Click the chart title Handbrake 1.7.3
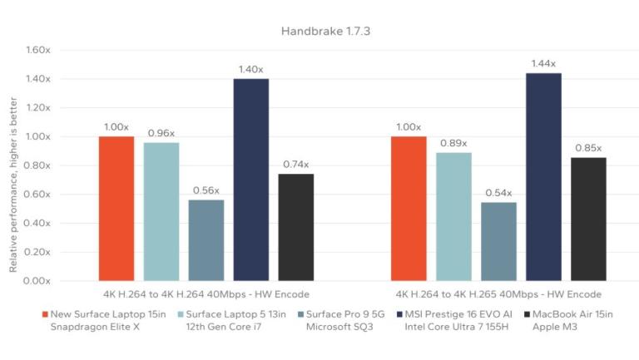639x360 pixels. pos(319,31)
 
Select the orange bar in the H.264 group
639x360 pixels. pos(116,208)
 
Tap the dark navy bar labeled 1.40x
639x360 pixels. pos(250,180)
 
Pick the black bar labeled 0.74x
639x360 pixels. pos(295,227)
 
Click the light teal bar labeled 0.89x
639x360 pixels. pos(453,216)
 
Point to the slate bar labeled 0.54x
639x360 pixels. pos(498,241)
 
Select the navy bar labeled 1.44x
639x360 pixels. pos(543,177)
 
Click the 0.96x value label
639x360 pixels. pos(161,133)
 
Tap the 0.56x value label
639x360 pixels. pos(206,190)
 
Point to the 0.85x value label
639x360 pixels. pos(588,148)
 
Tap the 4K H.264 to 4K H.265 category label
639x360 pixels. pos(499,294)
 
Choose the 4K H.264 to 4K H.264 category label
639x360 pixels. pos(206,294)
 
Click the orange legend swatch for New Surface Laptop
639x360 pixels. pos(46,314)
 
